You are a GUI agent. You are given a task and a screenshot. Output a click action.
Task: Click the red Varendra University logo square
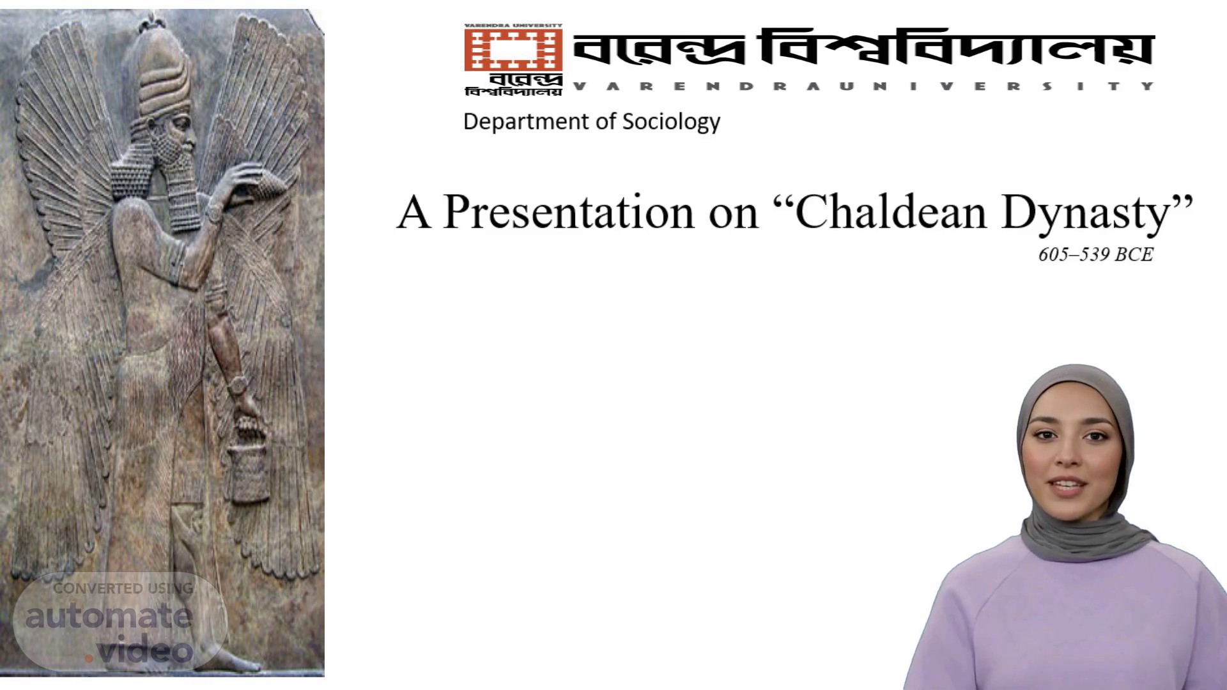click(513, 49)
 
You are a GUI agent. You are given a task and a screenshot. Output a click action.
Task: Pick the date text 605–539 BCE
click(1095, 254)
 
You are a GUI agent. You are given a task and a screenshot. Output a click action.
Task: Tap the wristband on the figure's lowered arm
click(237, 385)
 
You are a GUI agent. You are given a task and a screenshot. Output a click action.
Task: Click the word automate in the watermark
click(109, 616)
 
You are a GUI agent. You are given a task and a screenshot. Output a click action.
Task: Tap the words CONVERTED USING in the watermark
click(123, 588)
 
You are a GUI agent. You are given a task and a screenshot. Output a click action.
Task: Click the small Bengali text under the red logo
click(514, 85)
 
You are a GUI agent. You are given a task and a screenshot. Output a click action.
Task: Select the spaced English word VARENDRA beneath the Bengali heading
click(693, 86)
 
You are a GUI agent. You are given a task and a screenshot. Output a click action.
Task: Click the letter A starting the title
click(413, 213)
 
